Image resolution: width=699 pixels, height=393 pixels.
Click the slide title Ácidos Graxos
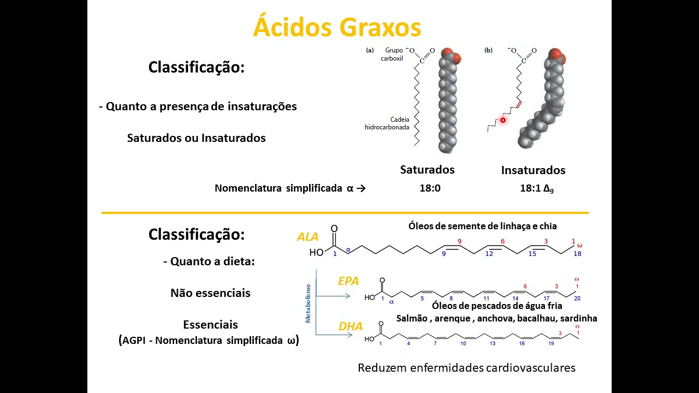click(337, 27)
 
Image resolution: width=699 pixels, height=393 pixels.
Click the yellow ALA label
click(307, 237)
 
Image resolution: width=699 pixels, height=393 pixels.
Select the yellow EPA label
click(348, 281)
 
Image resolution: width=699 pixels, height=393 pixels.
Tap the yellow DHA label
click(351, 326)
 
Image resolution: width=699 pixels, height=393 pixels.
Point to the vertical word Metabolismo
click(308, 303)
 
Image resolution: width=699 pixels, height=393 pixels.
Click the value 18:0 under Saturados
click(430, 188)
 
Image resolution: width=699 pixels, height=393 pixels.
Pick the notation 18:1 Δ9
click(536, 189)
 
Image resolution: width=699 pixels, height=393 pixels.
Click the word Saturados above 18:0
click(427, 170)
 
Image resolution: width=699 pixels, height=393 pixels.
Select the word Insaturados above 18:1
click(533, 170)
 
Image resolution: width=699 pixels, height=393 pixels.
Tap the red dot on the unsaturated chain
click(502, 120)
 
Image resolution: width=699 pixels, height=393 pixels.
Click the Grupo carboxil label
click(392, 54)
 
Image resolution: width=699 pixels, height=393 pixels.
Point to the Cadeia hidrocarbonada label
click(388, 123)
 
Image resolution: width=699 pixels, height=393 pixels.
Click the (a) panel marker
click(370, 50)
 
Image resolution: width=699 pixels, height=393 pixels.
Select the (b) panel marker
click(488, 50)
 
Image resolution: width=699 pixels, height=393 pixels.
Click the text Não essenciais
click(210, 293)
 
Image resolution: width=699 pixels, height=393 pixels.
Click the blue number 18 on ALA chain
click(578, 254)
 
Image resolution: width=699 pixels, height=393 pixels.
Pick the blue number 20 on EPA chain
click(578, 299)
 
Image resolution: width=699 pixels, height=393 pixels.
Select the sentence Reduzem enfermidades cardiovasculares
click(466, 368)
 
